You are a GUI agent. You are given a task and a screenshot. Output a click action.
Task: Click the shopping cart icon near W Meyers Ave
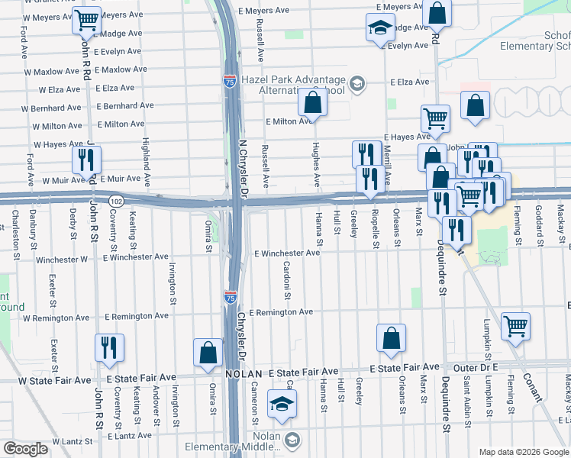tap(87, 21)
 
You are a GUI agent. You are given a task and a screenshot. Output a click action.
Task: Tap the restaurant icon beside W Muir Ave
tap(85, 160)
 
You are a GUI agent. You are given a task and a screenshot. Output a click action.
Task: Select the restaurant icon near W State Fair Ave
tap(108, 347)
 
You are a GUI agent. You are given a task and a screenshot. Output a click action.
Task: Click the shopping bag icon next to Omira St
tap(208, 353)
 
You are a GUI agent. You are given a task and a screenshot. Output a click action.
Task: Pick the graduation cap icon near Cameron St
tap(282, 406)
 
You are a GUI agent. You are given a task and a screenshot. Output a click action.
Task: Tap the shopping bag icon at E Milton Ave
tap(313, 101)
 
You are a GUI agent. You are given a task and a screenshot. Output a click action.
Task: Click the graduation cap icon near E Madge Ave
tap(379, 28)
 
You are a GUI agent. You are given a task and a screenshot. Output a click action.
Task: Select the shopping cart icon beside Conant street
tap(516, 326)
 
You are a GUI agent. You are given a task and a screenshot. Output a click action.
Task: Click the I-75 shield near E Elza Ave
tap(230, 81)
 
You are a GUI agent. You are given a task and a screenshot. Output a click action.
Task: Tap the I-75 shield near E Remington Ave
tap(230, 295)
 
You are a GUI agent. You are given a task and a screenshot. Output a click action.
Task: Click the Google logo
tap(27, 449)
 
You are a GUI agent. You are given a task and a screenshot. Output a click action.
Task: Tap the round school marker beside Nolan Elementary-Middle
tap(293, 440)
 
